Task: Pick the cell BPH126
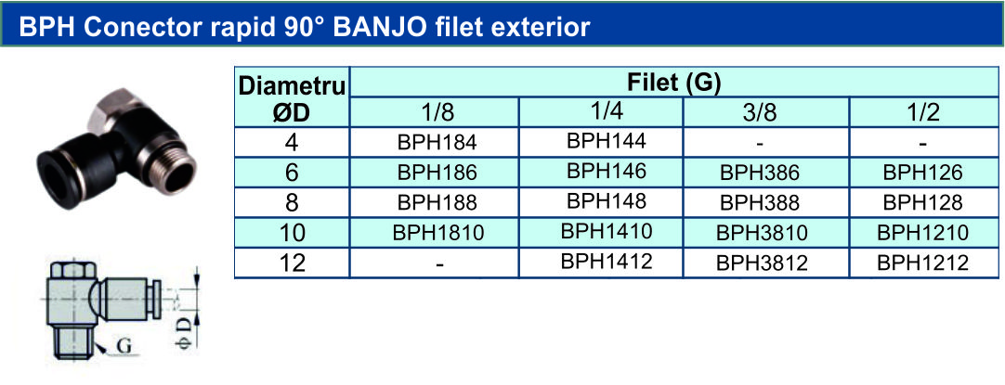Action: pos(923,173)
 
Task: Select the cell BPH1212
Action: pos(923,263)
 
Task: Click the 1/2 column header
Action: pos(923,112)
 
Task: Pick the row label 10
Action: pos(293,233)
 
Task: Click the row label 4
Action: pos(293,142)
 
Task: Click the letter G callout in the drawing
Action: pos(124,347)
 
